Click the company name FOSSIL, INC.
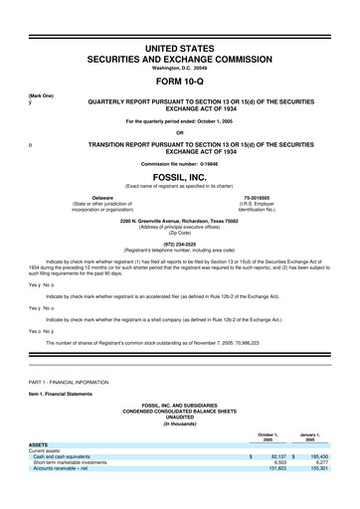[x=179, y=177]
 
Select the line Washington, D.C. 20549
[x=179, y=68]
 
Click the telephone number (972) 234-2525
[x=179, y=243]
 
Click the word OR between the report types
[x=179, y=132]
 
